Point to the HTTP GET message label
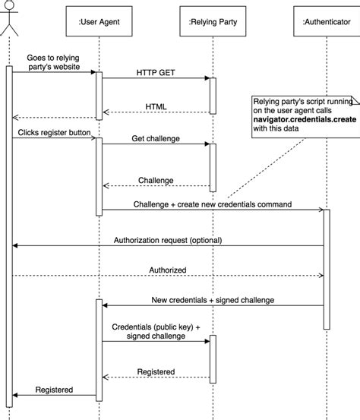point(156,72)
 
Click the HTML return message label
point(157,106)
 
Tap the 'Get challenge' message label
point(157,138)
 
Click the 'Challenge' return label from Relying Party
point(156,180)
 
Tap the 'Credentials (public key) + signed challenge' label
point(156,330)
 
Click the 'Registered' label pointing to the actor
point(54,390)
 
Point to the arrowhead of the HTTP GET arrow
point(207,78)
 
